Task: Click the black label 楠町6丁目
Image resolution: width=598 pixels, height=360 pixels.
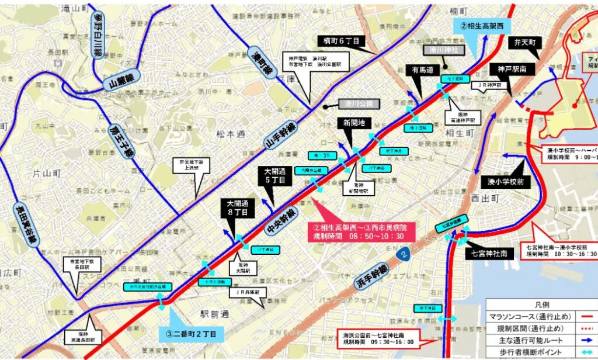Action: tap(341, 41)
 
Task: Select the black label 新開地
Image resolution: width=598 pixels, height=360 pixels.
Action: tap(354, 123)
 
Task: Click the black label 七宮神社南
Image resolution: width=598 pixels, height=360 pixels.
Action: tap(489, 254)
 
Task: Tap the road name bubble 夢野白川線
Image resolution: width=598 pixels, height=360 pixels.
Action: tap(96, 34)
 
